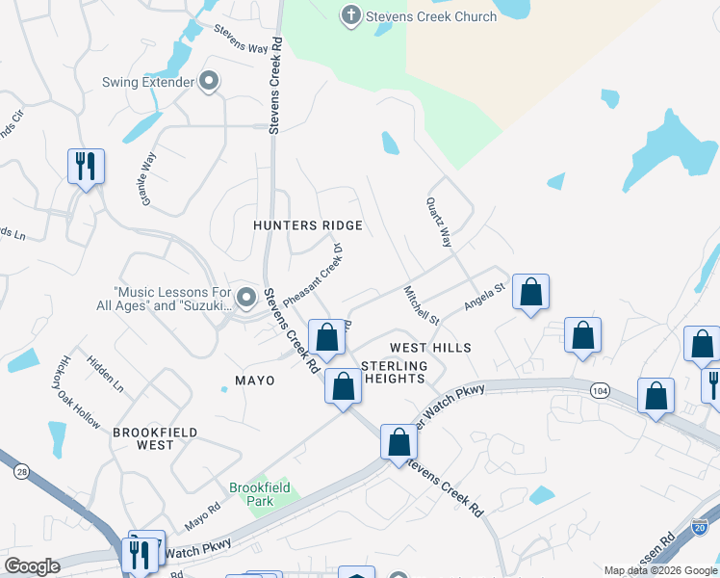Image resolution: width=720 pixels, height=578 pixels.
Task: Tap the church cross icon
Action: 351,15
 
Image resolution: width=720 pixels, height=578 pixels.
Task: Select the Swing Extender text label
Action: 148,82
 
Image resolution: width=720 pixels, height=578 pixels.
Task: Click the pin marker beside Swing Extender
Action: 209,82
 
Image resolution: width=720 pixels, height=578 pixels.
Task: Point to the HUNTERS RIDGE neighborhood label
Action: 307,225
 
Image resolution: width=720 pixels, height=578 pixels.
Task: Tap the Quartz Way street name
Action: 439,223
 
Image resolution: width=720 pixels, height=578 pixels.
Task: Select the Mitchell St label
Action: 422,305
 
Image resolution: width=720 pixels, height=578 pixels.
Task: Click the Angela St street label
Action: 485,296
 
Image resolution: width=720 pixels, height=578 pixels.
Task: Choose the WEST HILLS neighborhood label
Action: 430,347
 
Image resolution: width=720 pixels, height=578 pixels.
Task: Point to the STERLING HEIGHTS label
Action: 393,372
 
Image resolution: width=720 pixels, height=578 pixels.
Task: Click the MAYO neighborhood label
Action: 255,381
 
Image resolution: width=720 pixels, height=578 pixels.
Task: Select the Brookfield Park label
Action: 259,494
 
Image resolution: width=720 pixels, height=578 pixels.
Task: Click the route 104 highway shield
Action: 601,389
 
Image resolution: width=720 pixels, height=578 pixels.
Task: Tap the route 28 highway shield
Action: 20,471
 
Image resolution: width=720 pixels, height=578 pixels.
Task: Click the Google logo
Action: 32,566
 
